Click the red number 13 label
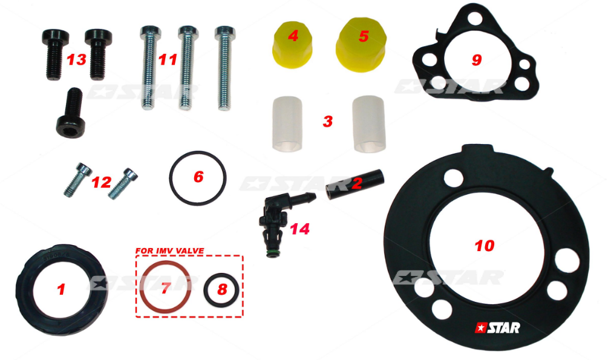pos(76,61)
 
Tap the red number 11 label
pos(168,60)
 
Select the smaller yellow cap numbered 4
pos(292,45)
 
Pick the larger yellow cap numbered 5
pos(361,44)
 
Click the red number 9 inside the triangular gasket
pos(477,60)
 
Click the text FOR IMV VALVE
pos(169,250)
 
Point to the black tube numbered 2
pos(355,185)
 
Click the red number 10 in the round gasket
pos(485,246)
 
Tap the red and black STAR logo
pos(497,328)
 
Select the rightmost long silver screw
pos(225,68)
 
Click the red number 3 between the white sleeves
pos(328,121)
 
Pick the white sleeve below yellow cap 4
pos(287,124)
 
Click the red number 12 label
pos(101,182)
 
